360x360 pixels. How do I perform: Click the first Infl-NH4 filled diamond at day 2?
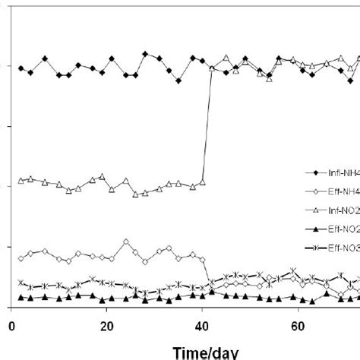click(21, 68)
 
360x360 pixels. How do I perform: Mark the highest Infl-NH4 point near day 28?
click(146, 54)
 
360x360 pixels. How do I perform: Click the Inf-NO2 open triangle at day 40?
click(203, 182)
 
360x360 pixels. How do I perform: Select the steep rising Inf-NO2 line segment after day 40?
click(207, 125)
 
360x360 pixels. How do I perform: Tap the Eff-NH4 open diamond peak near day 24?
click(126, 242)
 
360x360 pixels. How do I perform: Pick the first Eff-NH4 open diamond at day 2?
click(21, 258)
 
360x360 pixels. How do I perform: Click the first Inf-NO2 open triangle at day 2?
click(21, 180)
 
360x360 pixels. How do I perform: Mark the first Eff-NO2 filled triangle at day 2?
click(21, 298)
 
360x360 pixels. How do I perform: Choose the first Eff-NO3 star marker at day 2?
click(21, 286)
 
